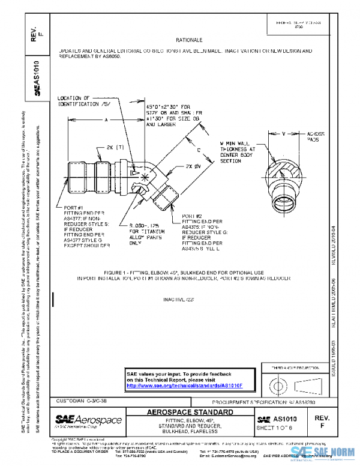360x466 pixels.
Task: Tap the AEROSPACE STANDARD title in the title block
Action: click(x=190, y=413)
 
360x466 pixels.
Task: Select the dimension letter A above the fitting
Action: click(x=106, y=120)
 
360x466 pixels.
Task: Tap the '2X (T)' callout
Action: click(x=115, y=146)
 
